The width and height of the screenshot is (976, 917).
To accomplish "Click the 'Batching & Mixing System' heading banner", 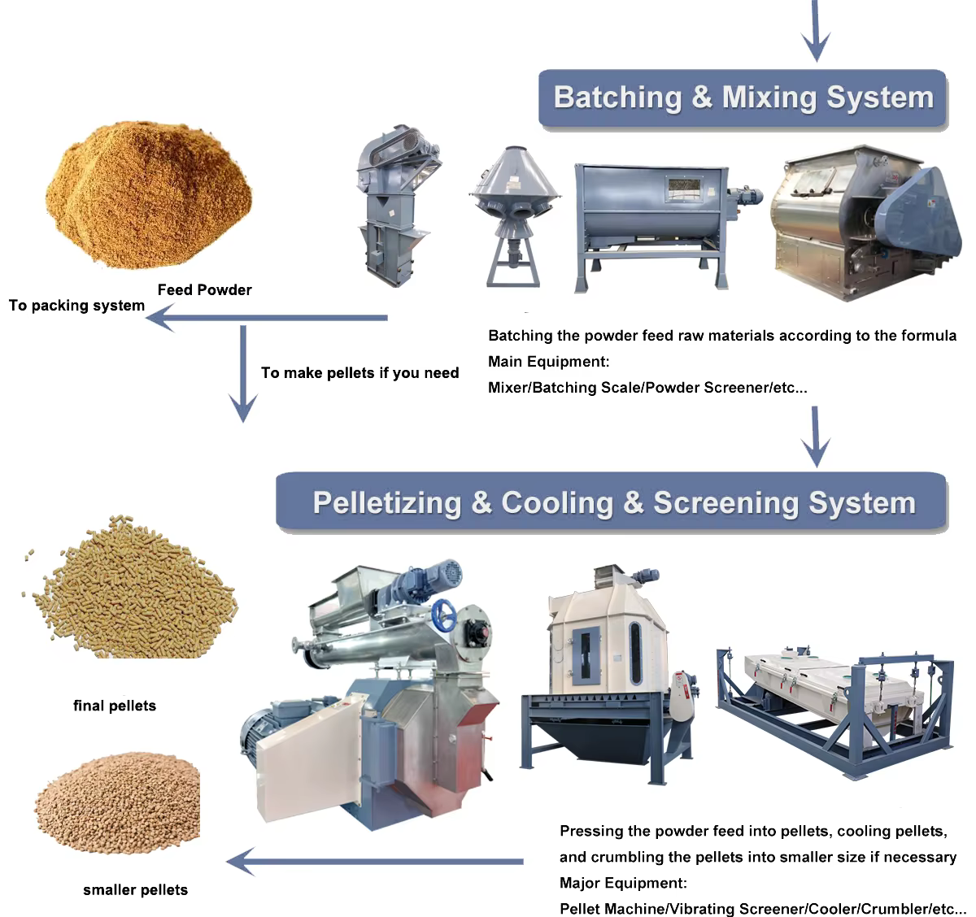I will point(743,98).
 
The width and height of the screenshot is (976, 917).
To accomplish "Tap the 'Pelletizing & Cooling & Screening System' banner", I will point(613,503).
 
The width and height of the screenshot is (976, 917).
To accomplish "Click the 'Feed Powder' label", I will point(204,290).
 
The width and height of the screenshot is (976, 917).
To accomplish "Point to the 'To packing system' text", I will point(76,306).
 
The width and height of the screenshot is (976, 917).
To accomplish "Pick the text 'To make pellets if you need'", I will point(359,373).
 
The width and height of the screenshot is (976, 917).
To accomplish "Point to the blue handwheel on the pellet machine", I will point(447,615).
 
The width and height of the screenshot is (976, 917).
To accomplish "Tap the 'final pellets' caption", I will point(115,706).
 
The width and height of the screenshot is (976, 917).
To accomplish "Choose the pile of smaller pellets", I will point(119,804).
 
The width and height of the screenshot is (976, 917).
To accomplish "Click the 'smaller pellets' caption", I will point(135,890).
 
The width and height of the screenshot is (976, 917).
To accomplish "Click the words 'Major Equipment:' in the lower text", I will point(623,883).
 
